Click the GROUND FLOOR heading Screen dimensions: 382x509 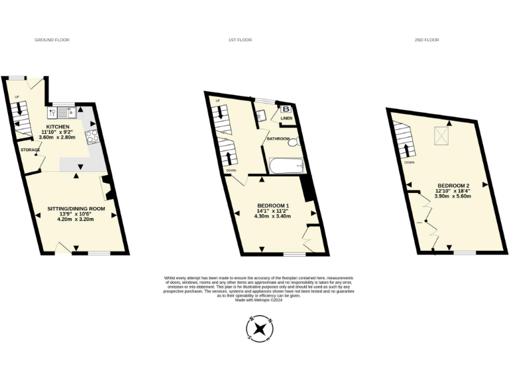[52, 40]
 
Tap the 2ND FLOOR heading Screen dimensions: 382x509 [427, 40]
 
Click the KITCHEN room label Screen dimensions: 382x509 [57, 127]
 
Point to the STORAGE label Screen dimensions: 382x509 [30, 150]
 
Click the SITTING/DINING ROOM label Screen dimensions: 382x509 [76, 209]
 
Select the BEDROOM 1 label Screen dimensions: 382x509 [276, 206]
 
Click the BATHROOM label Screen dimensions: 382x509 [278, 139]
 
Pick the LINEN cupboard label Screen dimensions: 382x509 [286, 119]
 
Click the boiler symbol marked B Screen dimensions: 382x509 [286, 109]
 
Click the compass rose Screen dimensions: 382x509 [259, 328]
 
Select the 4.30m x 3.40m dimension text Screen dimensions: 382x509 [276, 216]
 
